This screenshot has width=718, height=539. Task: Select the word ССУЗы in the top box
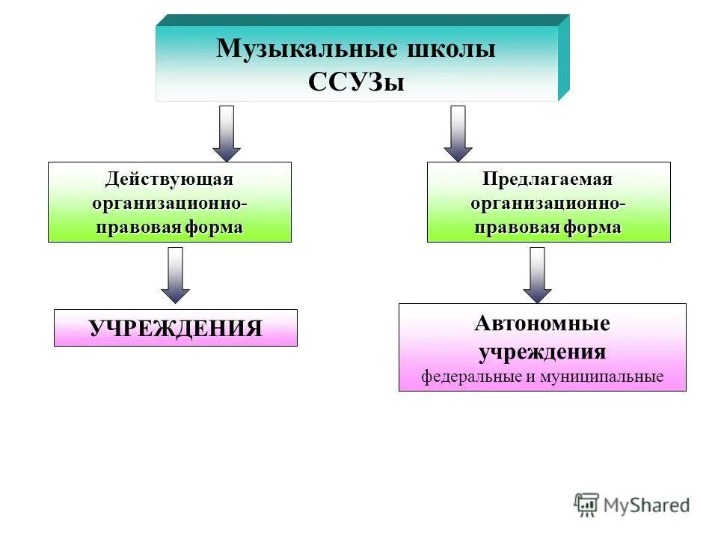356,82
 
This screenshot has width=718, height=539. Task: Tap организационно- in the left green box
169,204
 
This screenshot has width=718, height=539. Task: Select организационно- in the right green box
548,204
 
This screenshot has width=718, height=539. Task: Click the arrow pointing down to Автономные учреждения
537,274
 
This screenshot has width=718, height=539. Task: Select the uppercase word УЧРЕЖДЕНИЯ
176,329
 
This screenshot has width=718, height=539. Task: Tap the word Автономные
542,324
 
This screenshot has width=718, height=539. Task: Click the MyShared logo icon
586,505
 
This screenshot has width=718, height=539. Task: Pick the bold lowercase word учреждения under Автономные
542,352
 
